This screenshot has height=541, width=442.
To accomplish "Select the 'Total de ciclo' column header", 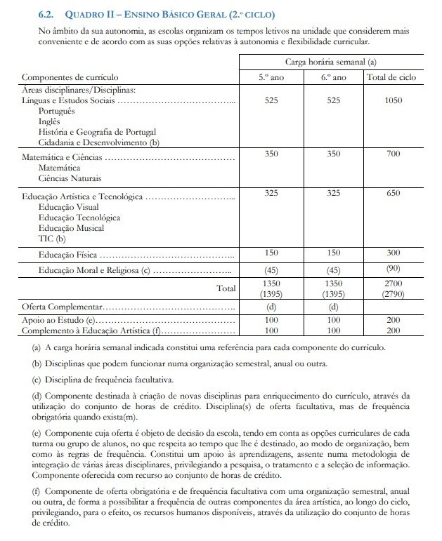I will (393, 77).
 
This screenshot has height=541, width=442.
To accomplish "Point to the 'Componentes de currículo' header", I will (70, 77).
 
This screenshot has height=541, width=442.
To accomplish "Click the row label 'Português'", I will (58, 112).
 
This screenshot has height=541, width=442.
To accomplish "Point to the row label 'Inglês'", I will (50, 121).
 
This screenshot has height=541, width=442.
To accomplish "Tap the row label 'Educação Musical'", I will (72, 228).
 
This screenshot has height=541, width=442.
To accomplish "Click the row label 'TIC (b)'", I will (51, 238).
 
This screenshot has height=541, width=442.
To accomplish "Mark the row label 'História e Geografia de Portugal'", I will (98, 131).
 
